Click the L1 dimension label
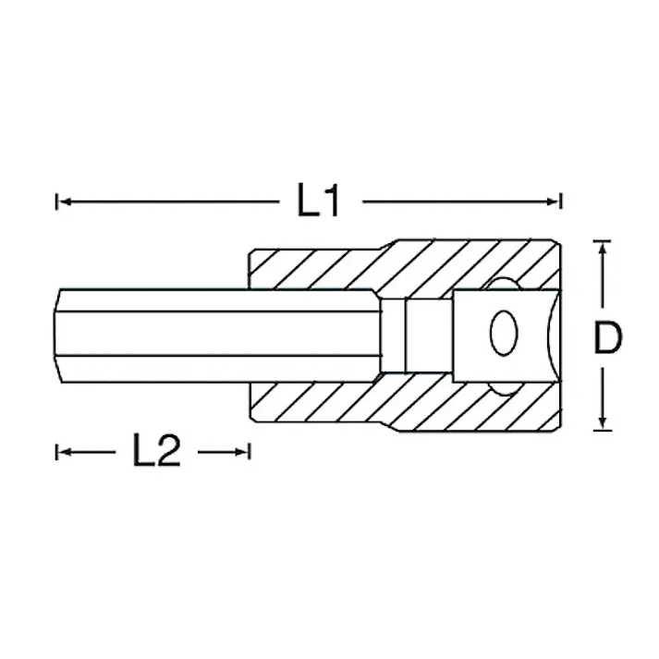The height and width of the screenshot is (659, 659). pyautogui.click(x=318, y=201)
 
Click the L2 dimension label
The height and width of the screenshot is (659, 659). pyautogui.click(x=156, y=450)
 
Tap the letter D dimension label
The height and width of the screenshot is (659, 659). pyautogui.click(x=608, y=336)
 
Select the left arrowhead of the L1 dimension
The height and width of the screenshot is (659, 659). pyautogui.click(x=66, y=202)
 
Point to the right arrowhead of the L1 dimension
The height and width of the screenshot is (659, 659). pyautogui.click(x=552, y=202)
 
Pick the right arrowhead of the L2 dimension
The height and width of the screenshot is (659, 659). pyautogui.click(x=241, y=452)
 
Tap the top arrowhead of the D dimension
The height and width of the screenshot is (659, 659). pyautogui.click(x=603, y=250)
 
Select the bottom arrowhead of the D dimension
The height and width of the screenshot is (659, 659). pyautogui.click(x=603, y=421)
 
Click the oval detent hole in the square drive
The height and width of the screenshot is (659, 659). pyautogui.click(x=504, y=333)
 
